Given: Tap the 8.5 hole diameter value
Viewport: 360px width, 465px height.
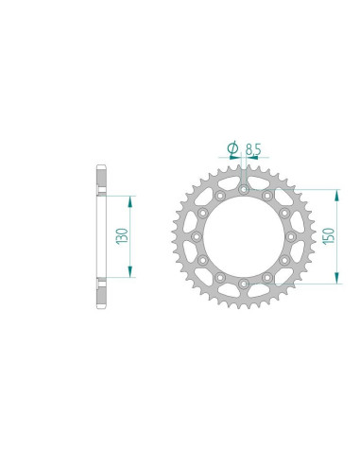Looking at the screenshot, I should pyautogui.click(x=252, y=147).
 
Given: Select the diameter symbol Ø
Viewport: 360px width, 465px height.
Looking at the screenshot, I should pyautogui.click(x=231, y=147).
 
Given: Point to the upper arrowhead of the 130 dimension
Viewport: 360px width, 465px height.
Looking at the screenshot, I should pyautogui.click(x=130, y=201).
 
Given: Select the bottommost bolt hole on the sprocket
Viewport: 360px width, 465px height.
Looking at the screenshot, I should pyautogui.click(x=243, y=283).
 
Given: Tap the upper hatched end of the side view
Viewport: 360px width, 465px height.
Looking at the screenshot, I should pyautogui.click(x=101, y=180).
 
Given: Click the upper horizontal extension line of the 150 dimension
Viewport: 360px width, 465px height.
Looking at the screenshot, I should pyautogui.click(x=302, y=188).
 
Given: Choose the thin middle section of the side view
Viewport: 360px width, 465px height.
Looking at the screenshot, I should pyautogui.click(x=99, y=237).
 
